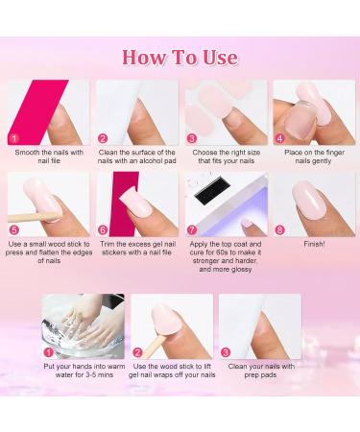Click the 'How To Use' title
[x=180, y=57]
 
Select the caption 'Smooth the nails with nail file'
[x=48, y=156]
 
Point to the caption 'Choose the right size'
[x=226, y=156]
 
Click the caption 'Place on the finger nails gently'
[x=313, y=156]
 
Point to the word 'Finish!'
[x=313, y=244]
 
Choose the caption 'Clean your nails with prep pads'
[x=260, y=370]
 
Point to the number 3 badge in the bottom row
[x=228, y=351]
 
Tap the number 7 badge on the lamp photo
[x=192, y=229]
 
